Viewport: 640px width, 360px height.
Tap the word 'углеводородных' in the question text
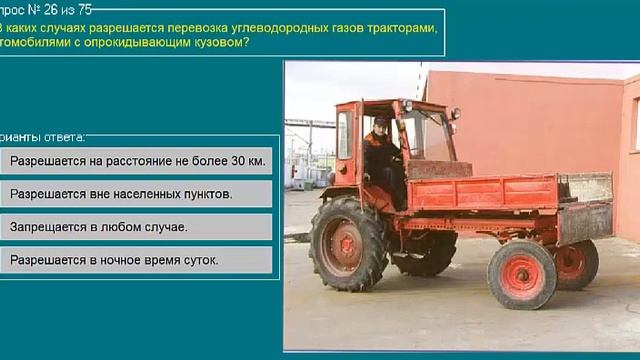[x=266, y=27]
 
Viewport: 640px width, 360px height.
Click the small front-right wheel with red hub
[x=521, y=273]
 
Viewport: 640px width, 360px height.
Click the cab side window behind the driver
[x=345, y=136]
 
